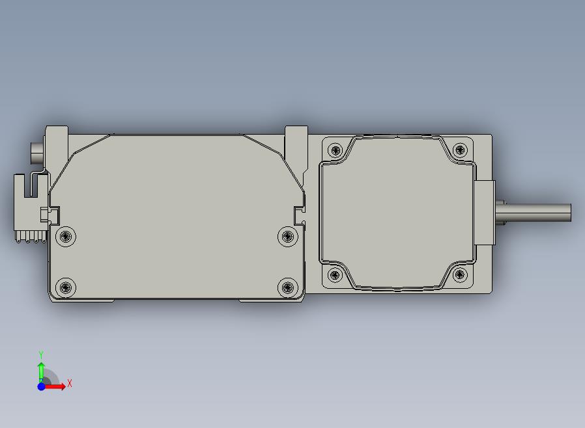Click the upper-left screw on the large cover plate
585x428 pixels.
click(x=66, y=236)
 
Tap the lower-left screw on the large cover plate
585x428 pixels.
click(x=66, y=288)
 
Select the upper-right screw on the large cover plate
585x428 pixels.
click(x=288, y=236)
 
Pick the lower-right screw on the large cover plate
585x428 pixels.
click(x=288, y=288)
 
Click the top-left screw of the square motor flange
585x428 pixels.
click(x=335, y=150)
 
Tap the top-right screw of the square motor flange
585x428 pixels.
click(x=460, y=150)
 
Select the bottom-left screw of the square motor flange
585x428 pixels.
click(x=335, y=275)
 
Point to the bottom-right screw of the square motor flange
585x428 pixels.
click(x=460, y=275)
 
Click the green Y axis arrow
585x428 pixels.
click(x=41, y=373)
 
